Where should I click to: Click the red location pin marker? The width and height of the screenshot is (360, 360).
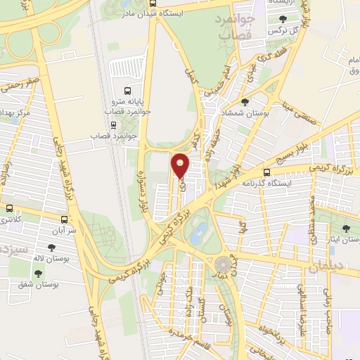181,165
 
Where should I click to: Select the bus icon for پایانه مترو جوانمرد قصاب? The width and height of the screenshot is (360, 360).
127,91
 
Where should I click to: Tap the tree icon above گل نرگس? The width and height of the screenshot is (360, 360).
283,20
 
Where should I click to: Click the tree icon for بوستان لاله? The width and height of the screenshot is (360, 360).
51,247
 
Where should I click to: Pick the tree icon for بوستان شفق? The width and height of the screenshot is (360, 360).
39,274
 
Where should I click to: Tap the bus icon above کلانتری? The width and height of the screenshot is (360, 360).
9,208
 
